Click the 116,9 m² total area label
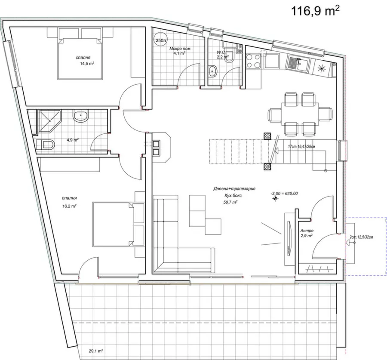click(316, 11)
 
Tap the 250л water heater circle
click(160, 40)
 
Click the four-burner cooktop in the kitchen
click(253, 61)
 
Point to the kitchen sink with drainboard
click(298, 64)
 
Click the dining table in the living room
click(300, 114)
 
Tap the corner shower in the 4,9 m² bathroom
click(49, 121)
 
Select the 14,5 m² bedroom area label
click(86, 64)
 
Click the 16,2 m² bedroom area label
click(69, 206)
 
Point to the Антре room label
click(307, 231)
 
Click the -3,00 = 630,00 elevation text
click(284, 194)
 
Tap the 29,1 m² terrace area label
click(96, 351)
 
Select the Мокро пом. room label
click(180, 49)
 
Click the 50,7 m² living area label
click(230, 202)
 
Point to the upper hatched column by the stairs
click(267, 136)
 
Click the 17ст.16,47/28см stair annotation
click(301, 146)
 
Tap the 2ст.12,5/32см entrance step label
click(361, 237)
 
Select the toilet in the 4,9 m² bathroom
click(45, 145)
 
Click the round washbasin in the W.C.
click(213, 71)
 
